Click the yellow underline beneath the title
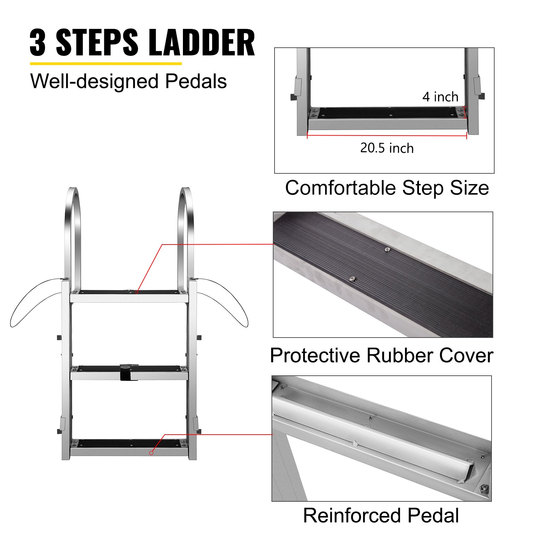106,63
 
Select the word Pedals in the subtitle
196,81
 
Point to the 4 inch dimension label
440,97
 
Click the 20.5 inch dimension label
387,148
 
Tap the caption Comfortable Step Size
387,188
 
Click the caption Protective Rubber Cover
381,355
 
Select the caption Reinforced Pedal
381,515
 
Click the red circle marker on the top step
137,292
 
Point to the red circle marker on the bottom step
151,453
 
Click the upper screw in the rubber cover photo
387,250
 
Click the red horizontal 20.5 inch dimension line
387,136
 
